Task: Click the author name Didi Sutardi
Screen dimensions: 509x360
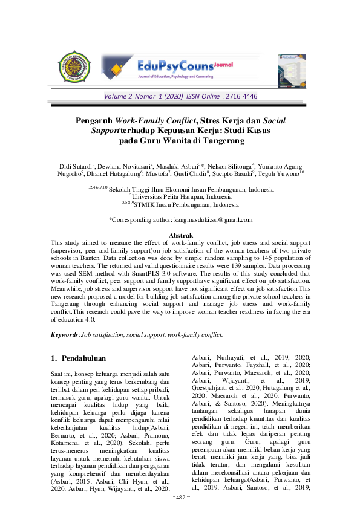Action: pyautogui.click(x=75, y=166)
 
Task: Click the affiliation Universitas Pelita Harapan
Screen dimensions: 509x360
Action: pyautogui.click(x=180, y=196)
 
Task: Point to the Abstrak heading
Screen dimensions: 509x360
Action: pyautogui.click(x=180, y=235)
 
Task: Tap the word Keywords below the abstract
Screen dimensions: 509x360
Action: pyautogui.click(x=65, y=334)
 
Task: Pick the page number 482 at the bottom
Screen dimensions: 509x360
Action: pyautogui.click(x=180, y=496)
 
